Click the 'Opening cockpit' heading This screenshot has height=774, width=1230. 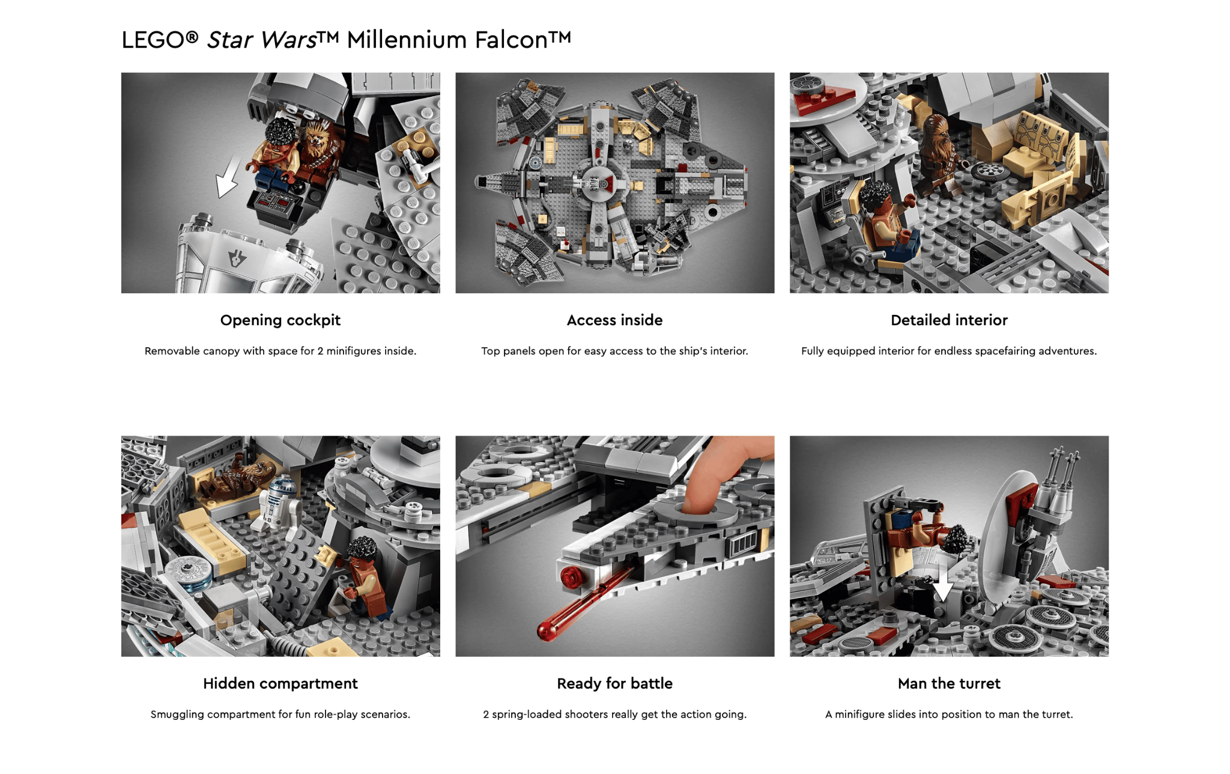click(280, 320)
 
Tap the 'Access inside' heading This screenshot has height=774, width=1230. click(614, 320)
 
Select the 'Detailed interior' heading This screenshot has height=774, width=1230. click(949, 320)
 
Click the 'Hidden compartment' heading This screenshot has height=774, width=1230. click(280, 684)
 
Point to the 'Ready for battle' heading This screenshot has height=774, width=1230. click(614, 684)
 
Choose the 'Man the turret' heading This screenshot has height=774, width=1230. click(949, 684)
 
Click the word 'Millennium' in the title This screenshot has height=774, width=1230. click(407, 40)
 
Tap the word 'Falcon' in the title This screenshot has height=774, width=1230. click(511, 40)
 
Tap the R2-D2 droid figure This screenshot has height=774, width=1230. click(279, 501)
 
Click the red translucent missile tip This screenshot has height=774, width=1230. click(547, 630)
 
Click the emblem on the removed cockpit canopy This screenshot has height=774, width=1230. click(237, 259)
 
